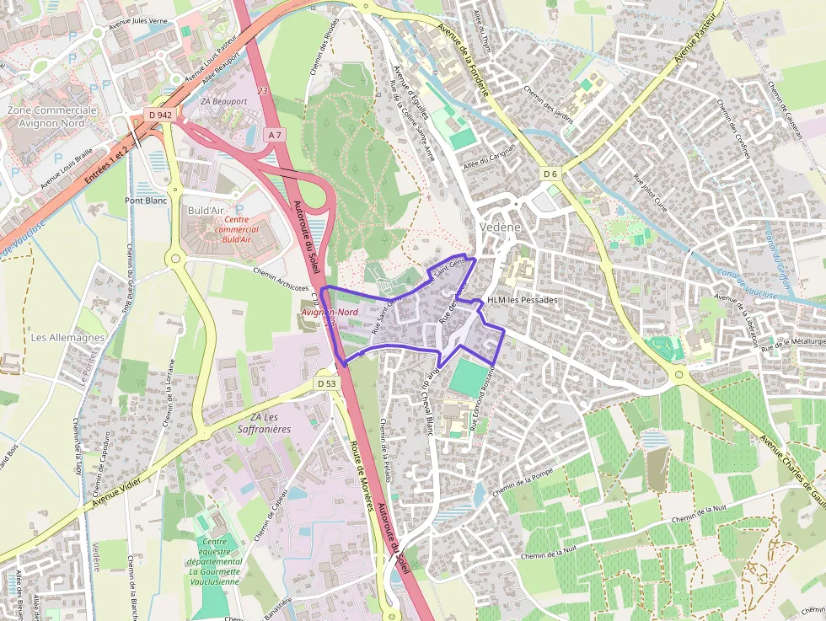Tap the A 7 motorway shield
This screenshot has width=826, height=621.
pyautogui.click(x=274, y=135)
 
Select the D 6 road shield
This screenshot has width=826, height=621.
pyautogui.click(x=550, y=174)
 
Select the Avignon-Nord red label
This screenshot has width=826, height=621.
pyautogui.click(x=330, y=312)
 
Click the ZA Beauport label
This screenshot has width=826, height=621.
pyautogui.click(x=224, y=101)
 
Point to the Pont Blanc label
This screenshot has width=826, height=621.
pyautogui.click(x=146, y=201)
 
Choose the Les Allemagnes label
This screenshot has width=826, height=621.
pyautogui.click(x=67, y=337)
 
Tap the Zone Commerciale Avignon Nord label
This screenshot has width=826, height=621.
pyautogui.click(x=51, y=116)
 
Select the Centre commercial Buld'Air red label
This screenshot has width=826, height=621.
pyautogui.click(x=237, y=229)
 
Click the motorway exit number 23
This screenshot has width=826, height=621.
pyautogui.click(x=262, y=91)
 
